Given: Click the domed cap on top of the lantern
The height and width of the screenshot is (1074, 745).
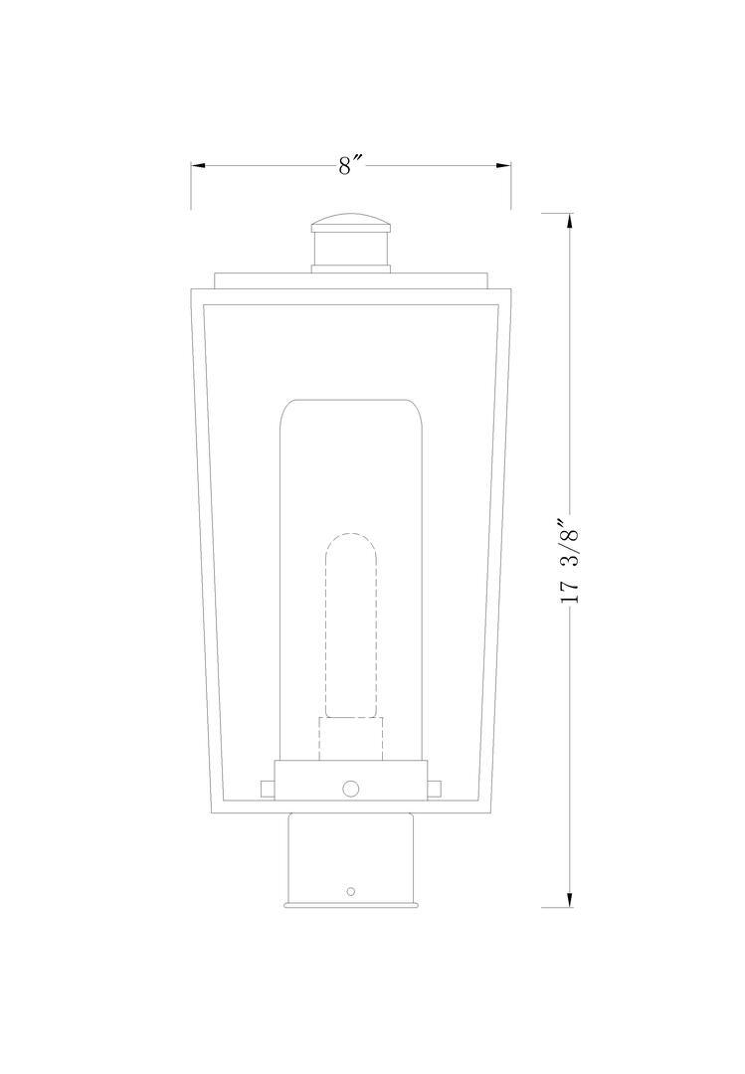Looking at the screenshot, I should pyautogui.click(x=351, y=222).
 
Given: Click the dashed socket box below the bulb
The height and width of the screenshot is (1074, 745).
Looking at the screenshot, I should pyautogui.click(x=351, y=739).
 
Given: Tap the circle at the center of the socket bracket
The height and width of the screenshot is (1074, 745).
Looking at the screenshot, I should pyautogui.click(x=350, y=788).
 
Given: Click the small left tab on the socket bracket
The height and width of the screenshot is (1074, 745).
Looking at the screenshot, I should pyautogui.click(x=267, y=789).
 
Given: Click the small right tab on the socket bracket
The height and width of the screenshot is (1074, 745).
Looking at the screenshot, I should pyautogui.click(x=435, y=789).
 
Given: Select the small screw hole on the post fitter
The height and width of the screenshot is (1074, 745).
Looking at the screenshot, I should pyautogui.click(x=350, y=891).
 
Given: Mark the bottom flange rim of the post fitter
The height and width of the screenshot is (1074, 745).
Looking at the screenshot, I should pyautogui.click(x=351, y=904).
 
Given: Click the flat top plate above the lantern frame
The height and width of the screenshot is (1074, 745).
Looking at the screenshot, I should pyautogui.click(x=351, y=279).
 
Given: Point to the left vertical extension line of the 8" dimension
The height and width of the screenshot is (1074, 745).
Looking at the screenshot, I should pyautogui.click(x=191, y=189).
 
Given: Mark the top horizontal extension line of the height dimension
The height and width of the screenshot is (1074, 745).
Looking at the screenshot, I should pyautogui.click(x=557, y=213).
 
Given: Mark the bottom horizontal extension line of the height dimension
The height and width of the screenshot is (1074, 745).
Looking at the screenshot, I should pyautogui.click(x=557, y=908).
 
